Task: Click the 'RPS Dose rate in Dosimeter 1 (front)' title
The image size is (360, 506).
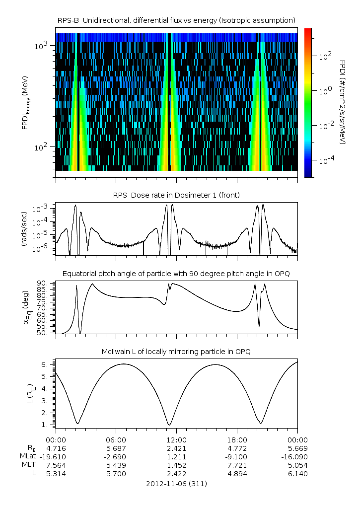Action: [x=176, y=195]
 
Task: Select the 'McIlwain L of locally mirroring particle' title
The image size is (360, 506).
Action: [x=176, y=352]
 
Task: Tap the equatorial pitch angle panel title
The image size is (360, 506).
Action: [x=176, y=274]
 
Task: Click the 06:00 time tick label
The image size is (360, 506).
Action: [x=116, y=440]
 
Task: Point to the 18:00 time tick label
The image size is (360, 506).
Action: [x=237, y=440]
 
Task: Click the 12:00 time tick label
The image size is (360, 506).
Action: [x=176, y=440]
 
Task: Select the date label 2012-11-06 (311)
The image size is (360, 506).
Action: [x=176, y=483]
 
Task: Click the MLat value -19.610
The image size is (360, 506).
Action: [x=56, y=456]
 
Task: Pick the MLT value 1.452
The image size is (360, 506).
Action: [x=176, y=465]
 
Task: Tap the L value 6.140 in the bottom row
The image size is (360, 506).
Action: [x=297, y=474]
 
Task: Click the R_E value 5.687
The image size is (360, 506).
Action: [x=116, y=448]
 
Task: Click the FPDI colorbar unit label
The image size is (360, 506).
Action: [x=343, y=102]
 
